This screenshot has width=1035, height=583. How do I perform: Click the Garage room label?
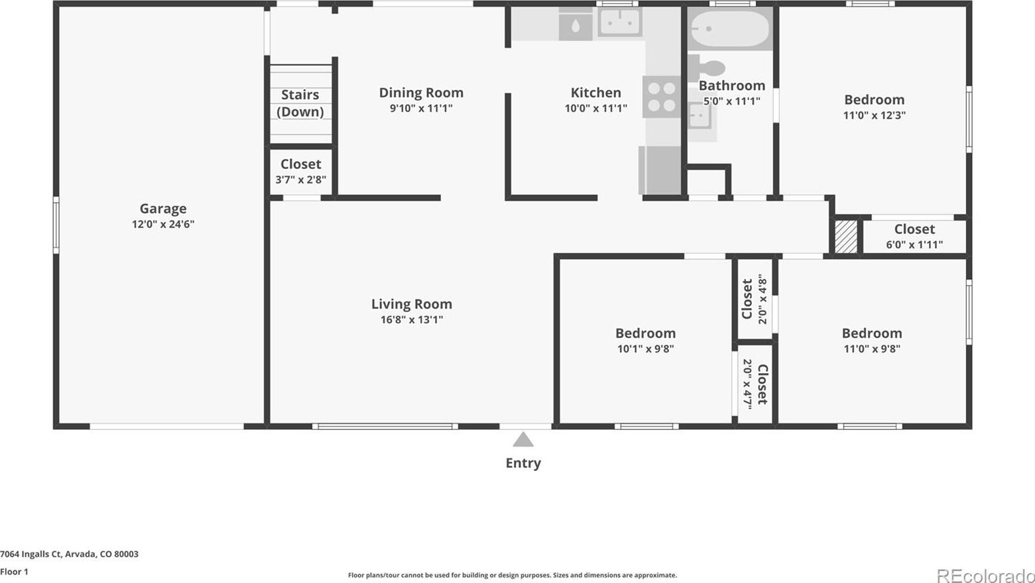pos(163,209)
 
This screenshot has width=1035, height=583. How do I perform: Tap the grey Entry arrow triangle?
pos(523,439)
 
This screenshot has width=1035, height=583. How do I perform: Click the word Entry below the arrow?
pos(523,463)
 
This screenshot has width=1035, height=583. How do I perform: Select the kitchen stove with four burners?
pos(662,97)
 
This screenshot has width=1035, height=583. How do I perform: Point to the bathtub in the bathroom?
pos(730,28)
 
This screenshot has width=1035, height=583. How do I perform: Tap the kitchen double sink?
pos(620,22)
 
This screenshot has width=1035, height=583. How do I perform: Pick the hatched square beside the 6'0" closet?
pos(846,236)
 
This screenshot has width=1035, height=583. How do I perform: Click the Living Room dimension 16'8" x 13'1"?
pos(412,319)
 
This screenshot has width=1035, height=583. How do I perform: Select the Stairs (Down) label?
pos(300,103)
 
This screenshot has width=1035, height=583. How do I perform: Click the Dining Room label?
pos(421,93)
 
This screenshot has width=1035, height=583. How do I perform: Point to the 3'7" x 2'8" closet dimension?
pos(301,180)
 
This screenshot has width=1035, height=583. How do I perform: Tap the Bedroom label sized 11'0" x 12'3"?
pos(874,99)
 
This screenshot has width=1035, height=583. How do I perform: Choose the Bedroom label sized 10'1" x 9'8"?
pos(646,333)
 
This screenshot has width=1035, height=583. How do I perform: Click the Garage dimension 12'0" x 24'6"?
pos(163,225)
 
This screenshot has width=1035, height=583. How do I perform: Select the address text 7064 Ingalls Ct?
pos(30,554)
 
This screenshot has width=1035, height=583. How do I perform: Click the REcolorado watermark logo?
pos(985,576)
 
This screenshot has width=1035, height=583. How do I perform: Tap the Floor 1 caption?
pos(15,572)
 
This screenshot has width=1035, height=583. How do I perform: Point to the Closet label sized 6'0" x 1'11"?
pos(914,229)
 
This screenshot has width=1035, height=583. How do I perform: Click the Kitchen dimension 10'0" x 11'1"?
pos(595,109)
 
